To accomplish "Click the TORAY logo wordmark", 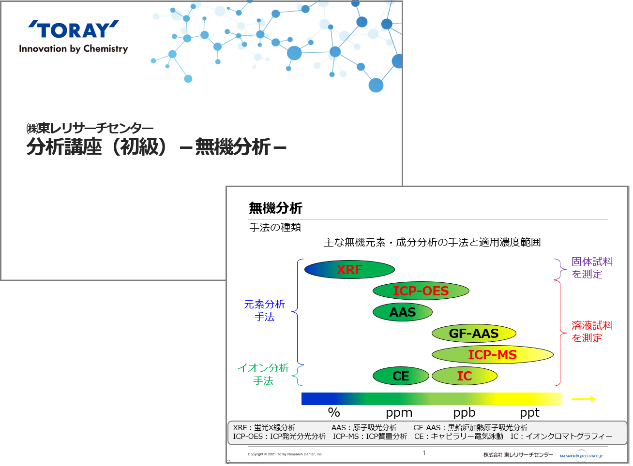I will tap(74, 30).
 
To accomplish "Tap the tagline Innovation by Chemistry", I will tap(74, 49).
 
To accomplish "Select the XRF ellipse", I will tap(349, 270).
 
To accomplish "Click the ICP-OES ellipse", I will tap(421, 291).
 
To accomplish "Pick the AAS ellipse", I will tap(402, 312).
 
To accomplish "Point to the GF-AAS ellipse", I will tap(474, 334).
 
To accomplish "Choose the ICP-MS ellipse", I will tap(492, 355).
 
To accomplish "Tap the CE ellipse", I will tap(401, 376).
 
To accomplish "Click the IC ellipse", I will tap(464, 376).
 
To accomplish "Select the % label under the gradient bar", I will tap(334, 412).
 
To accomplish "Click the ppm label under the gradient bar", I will tap(399, 413).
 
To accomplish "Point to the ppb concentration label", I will tap(464, 413).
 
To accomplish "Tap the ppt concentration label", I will tap(529, 413).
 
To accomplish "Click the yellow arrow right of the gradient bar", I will tap(584, 399).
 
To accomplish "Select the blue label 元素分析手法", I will tap(265, 310).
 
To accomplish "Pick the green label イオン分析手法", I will tap(263, 374).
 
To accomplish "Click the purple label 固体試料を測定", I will tap(592, 268).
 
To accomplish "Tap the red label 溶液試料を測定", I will tap(592, 332).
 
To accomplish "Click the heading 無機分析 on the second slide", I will tap(275, 208).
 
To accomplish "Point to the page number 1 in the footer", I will tap(424, 453).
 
